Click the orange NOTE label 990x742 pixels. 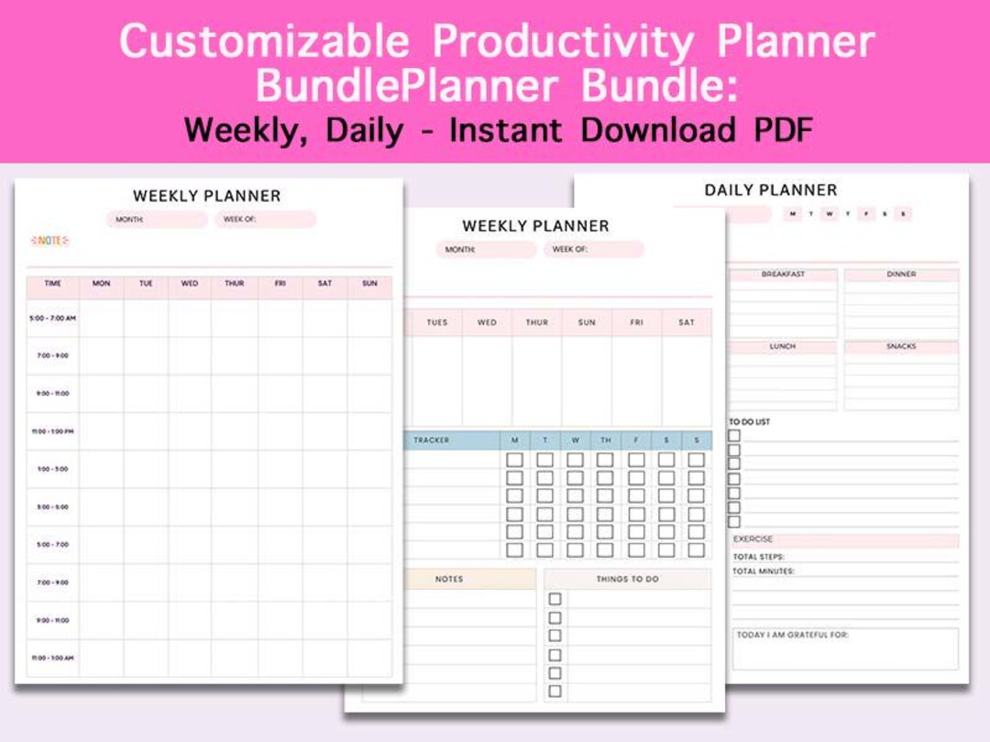tap(50, 240)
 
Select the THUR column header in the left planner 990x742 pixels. tap(235, 284)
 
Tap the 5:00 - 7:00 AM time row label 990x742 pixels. tap(52, 318)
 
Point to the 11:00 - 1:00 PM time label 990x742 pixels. tap(52, 431)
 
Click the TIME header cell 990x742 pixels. tap(53, 284)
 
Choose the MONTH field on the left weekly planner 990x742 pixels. tap(156, 220)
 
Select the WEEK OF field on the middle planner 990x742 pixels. tap(593, 249)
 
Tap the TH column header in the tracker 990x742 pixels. tap(605, 441)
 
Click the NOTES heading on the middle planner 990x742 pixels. tap(449, 579)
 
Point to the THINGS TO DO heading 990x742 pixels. tap(627, 579)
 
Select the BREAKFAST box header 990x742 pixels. tap(783, 274)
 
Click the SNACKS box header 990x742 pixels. tap(901, 346)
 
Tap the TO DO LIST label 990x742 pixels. tap(750, 422)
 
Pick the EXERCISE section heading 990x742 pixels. tap(753, 540)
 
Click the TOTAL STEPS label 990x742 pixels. tap(758, 556)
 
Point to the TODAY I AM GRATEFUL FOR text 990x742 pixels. tap(793, 635)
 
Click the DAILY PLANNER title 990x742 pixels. tap(770, 191)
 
